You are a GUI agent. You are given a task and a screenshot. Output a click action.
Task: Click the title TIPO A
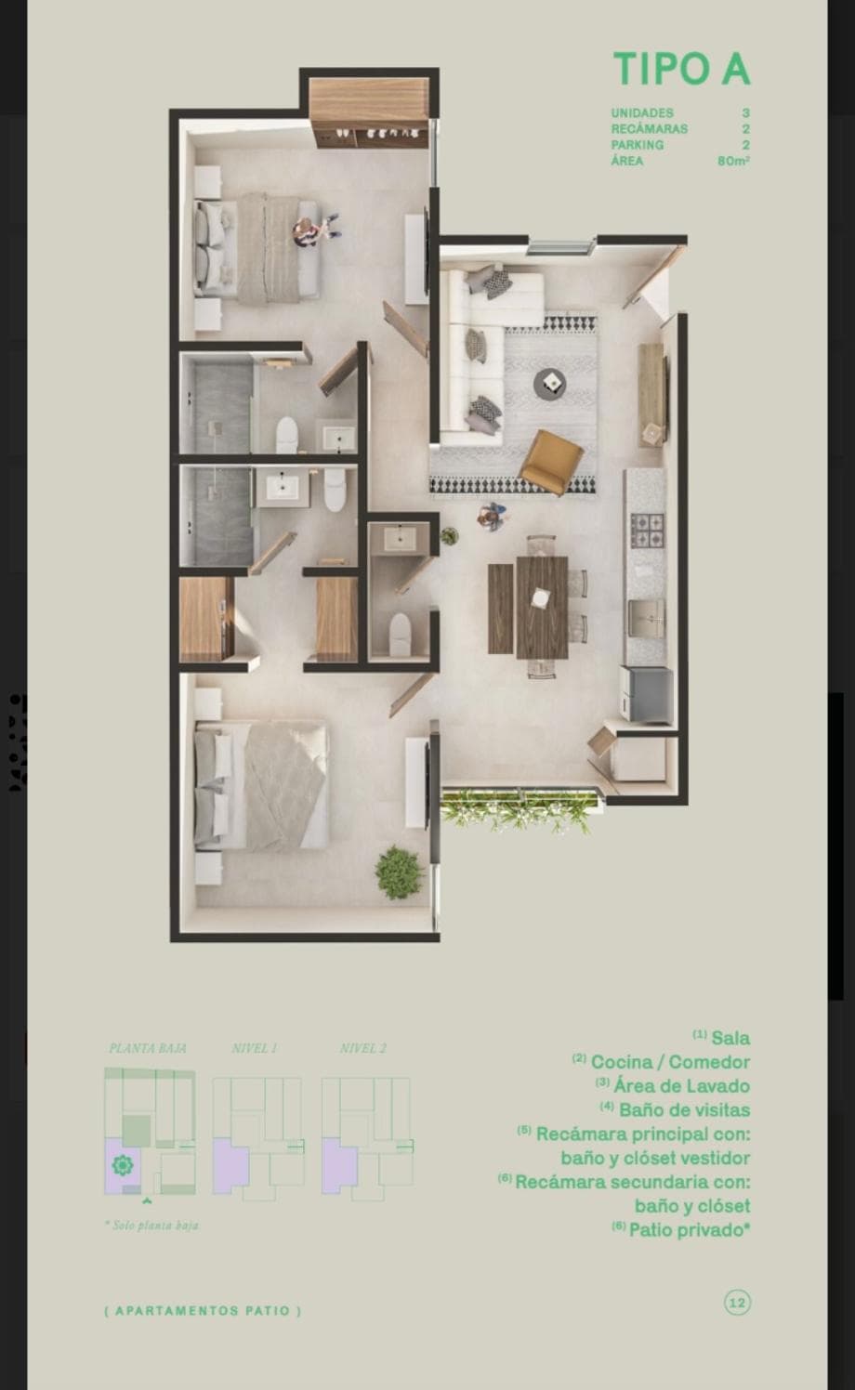(x=681, y=70)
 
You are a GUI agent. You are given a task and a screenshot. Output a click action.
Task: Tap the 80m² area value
(x=733, y=161)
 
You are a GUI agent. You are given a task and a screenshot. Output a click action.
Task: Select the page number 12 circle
(x=737, y=1303)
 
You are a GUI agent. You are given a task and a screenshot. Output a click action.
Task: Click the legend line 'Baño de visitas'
(x=675, y=1109)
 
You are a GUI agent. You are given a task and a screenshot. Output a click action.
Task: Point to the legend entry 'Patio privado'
(x=681, y=1229)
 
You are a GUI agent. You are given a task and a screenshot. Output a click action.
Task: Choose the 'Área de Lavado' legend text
(x=673, y=1085)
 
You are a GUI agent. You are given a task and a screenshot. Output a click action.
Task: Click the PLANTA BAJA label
(x=148, y=1048)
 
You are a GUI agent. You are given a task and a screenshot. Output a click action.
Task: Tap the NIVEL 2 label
(x=363, y=1048)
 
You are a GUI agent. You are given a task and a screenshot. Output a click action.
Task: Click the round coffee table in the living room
(x=549, y=382)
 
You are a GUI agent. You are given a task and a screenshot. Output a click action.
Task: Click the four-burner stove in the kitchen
(x=648, y=531)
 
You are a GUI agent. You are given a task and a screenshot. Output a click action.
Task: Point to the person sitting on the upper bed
(x=305, y=230)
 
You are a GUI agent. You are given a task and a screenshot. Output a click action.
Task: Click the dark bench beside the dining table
(x=500, y=609)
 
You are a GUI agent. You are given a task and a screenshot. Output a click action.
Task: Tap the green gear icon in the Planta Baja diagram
(x=122, y=1164)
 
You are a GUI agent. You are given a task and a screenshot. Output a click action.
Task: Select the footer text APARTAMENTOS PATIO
(x=203, y=1311)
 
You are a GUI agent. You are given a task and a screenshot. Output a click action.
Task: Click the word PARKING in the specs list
(x=638, y=145)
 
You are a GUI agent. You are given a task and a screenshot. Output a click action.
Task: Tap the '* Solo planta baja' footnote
(x=151, y=1226)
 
